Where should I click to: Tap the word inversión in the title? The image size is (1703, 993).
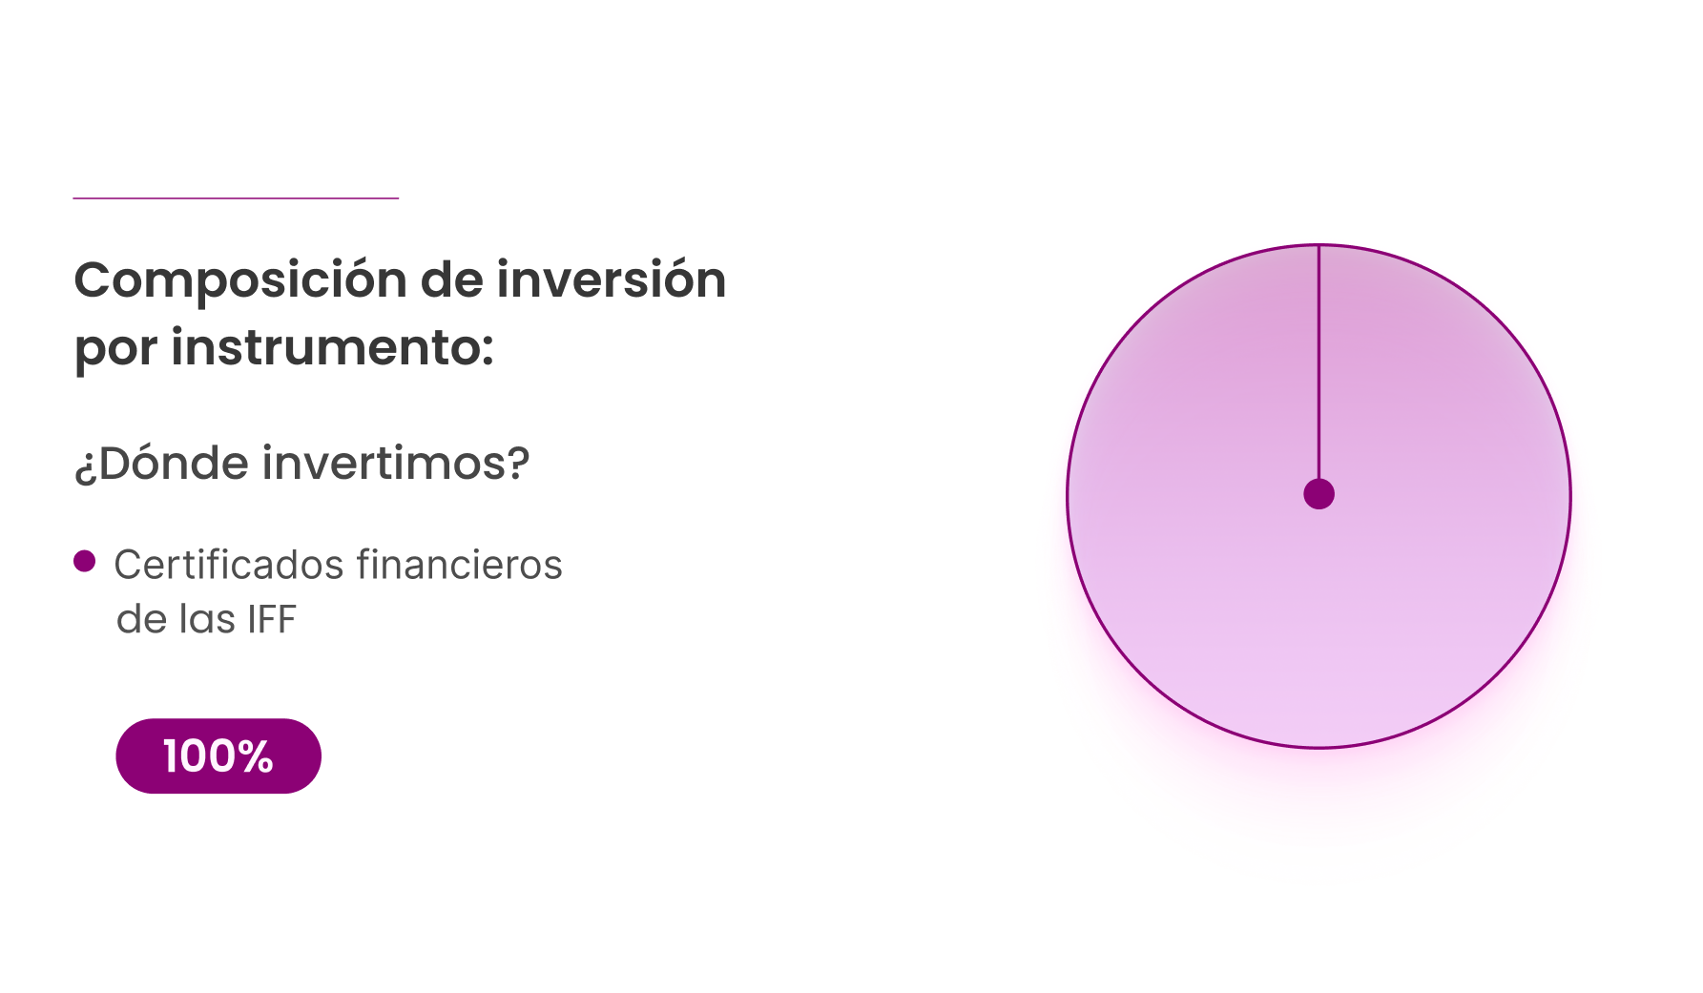611,279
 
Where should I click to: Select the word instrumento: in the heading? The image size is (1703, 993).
332,346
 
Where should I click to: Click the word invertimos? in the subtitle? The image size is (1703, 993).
396,463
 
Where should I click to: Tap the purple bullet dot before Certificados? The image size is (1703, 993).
85,561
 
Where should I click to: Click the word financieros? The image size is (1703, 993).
460,564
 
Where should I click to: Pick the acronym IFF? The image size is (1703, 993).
272,620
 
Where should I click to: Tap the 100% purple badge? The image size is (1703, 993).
218,755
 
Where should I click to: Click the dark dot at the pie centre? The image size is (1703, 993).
1319,494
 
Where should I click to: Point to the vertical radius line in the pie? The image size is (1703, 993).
1319,362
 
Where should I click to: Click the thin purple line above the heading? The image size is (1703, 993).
236,198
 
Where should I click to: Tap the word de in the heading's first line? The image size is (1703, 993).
451,279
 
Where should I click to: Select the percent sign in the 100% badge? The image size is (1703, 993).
255,756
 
